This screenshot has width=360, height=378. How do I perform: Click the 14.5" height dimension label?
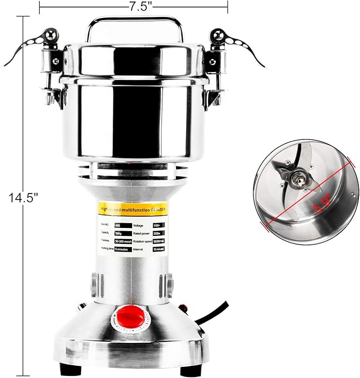(x=24, y=198)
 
